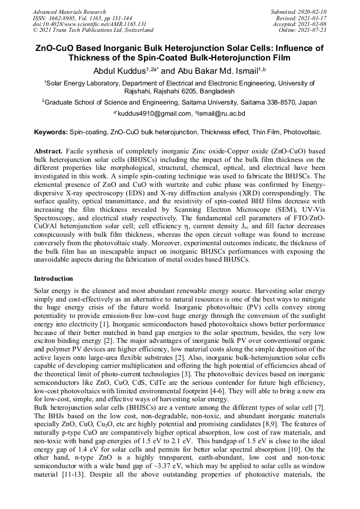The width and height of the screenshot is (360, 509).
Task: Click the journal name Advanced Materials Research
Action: point(69,12)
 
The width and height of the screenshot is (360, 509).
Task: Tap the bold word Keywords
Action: point(50,131)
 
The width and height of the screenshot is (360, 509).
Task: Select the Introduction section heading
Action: point(53,278)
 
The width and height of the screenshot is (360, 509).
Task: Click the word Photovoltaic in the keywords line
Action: point(302,131)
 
